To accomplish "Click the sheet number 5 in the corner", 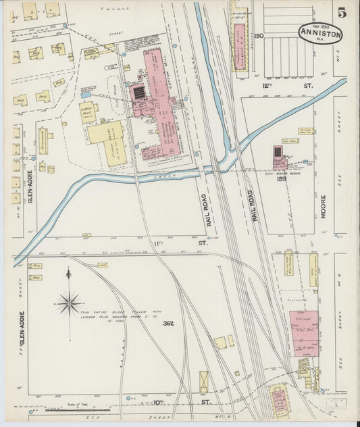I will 343,11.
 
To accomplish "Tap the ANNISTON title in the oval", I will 322,33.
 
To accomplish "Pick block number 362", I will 168,323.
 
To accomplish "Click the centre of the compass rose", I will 69,303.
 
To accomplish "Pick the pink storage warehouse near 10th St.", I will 304,332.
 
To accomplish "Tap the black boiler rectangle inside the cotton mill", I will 139,93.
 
